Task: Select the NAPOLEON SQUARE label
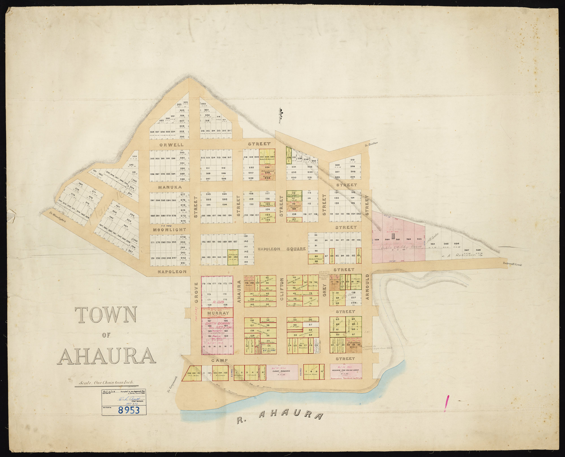click(x=282, y=249)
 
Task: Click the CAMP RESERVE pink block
click(x=279, y=372)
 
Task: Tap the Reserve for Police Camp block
click(x=346, y=371)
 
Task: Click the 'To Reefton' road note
click(x=371, y=144)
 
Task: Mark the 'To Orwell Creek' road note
click(x=512, y=265)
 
